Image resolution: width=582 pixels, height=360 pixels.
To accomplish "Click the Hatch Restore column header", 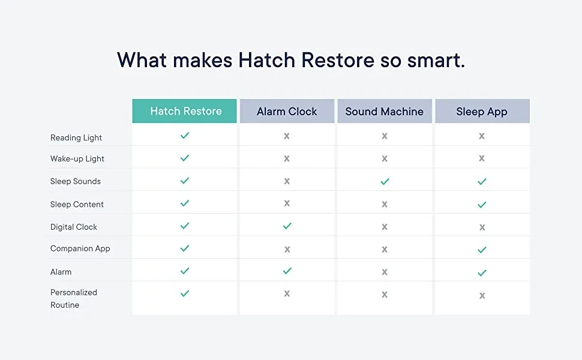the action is pos(184,111).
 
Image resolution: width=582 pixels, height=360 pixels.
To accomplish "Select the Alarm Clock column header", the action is pos(287,111).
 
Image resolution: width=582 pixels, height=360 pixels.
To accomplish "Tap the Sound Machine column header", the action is pos(385,111).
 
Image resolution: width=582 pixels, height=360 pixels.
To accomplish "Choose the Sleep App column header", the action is pos(482,111).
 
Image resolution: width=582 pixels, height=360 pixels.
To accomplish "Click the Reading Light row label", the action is pos(76,137).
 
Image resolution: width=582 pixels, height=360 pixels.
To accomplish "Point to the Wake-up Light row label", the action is pos(77,159).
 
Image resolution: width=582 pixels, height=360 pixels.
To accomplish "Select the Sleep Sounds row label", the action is pos(76,181).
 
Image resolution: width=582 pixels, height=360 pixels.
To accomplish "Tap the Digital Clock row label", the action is pos(73,227).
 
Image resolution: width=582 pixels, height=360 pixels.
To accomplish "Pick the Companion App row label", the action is pos(80,248).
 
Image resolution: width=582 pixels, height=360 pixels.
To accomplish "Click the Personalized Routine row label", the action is pos(73,298).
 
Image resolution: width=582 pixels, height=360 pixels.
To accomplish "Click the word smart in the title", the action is pos(436,60).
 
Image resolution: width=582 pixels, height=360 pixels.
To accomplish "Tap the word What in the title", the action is pos(142,60).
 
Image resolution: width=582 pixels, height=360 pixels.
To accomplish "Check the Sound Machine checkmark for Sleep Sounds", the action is pos(385,181).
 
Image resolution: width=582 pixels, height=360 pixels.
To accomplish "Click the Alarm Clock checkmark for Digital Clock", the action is pos(287,226).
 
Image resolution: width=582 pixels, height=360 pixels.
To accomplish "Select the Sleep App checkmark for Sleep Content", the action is pos(482,205).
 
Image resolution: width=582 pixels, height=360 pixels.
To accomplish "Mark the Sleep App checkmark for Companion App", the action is pos(482,250).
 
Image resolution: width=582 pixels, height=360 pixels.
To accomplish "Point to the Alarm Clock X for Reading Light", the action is pos(287,136).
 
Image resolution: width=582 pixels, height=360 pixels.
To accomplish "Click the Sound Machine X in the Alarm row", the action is pos(385,272).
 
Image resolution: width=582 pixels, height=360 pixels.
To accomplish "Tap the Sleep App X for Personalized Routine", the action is pos(482,296).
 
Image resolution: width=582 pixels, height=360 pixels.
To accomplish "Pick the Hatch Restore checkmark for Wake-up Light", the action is pos(185,158).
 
